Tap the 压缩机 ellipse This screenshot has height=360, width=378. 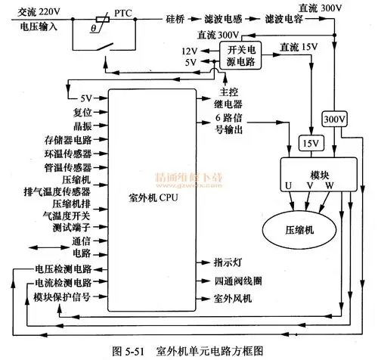[298, 228]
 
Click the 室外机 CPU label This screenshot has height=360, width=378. [154, 200]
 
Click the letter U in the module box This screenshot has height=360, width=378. [287, 185]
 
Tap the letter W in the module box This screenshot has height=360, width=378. [326, 185]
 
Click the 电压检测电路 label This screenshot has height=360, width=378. [63, 268]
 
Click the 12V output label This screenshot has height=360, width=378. [188, 50]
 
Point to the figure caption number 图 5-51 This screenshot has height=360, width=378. [132, 351]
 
